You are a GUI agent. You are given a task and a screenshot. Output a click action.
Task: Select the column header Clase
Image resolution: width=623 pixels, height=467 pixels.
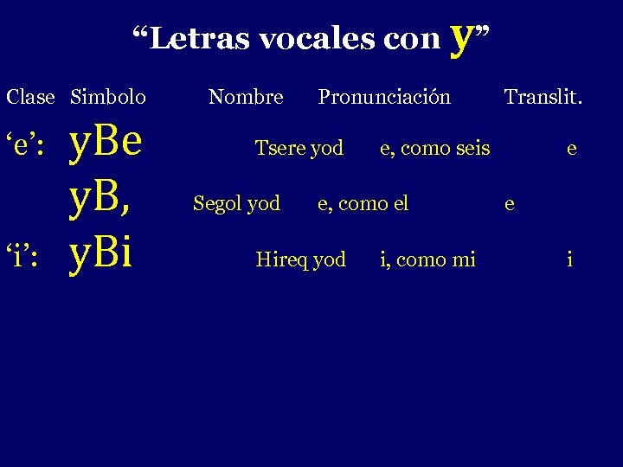point(30,97)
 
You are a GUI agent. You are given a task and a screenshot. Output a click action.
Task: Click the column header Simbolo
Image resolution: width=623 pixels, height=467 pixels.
point(108,97)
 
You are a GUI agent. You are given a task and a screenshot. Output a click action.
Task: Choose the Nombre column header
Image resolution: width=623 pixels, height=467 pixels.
point(246,97)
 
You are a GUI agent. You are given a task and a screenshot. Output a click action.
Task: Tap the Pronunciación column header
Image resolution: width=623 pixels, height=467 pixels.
point(384,97)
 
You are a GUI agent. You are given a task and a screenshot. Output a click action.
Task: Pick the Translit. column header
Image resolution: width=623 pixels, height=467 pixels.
point(543,97)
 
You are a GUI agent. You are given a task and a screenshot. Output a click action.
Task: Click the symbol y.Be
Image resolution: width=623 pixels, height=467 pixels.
point(106,144)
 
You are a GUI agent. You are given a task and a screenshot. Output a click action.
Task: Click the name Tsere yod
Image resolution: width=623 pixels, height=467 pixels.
point(299,149)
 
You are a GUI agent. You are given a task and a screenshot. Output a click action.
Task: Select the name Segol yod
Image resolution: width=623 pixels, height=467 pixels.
point(236,203)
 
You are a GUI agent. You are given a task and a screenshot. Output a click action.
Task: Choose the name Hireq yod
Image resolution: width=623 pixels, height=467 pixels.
point(300,259)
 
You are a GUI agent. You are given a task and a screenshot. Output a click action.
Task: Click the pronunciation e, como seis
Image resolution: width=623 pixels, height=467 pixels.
point(435,149)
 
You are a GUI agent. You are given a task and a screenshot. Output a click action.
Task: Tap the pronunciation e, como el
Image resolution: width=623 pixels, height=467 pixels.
point(363,203)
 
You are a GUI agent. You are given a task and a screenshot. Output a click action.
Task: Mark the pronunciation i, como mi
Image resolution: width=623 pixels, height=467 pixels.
point(427,259)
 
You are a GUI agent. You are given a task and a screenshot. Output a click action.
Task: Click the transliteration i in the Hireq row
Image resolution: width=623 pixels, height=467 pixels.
point(569,259)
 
